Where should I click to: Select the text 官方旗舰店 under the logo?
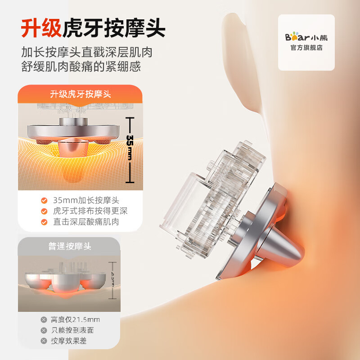click(306, 48)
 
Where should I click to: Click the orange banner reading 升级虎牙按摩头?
click(81, 94)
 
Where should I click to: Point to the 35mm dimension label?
click(130, 148)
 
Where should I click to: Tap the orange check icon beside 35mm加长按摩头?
click(44, 200)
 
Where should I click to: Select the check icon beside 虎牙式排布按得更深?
click(44, 211)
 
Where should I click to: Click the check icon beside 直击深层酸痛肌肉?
click(44, 222)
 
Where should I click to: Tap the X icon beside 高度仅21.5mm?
click(44, 319)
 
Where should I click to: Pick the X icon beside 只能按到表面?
click(44, 330)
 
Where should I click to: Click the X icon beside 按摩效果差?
click(44, 341)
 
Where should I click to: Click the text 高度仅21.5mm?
click(75, 319)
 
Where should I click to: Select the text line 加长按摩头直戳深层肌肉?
click(87, 52)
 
